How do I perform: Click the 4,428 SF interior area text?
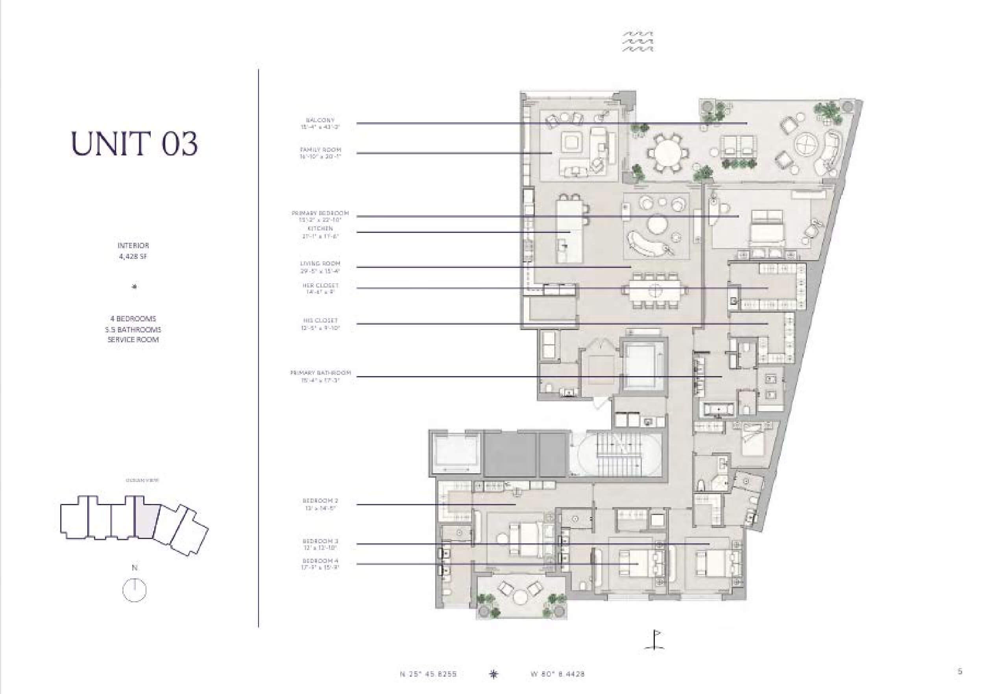tap(133, 257)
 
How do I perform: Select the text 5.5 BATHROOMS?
tap(133, 329)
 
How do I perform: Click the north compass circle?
tap(134, 590)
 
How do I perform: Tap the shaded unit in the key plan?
tap(146, 519)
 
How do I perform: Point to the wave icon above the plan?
tap(638, 41)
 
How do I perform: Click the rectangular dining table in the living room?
tap(655, 290)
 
